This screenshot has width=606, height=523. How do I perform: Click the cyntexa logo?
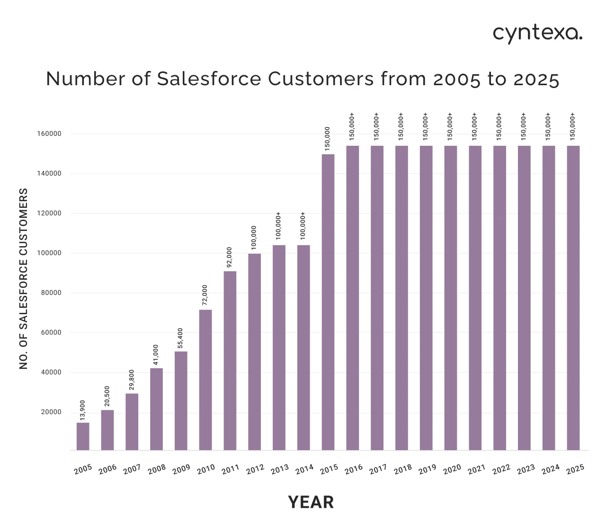[537, 34]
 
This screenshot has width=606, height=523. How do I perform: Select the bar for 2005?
[83, 436]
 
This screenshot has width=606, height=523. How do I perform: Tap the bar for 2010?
[205, 380]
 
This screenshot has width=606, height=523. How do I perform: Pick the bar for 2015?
[328, 302]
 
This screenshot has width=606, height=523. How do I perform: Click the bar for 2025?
[573, 298]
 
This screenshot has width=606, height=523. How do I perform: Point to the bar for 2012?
[255, 352]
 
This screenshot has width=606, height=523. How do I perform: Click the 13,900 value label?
[83, 410]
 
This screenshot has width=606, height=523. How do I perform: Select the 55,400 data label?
[180, 338]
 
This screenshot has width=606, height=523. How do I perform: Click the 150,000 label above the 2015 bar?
[328, 139]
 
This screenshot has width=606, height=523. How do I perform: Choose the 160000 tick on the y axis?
[49, 134]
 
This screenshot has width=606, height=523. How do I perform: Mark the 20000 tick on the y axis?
[51, 412]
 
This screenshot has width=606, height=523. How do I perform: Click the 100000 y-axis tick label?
[49, 253]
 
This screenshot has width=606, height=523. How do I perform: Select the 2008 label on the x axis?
[157, 469]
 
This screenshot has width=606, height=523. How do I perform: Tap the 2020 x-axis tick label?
[452, 469]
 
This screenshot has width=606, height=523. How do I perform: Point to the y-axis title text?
[24, 279]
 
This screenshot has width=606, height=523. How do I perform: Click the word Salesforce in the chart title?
[209, 79]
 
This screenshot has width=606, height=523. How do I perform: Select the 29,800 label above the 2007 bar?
[132, 381]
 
